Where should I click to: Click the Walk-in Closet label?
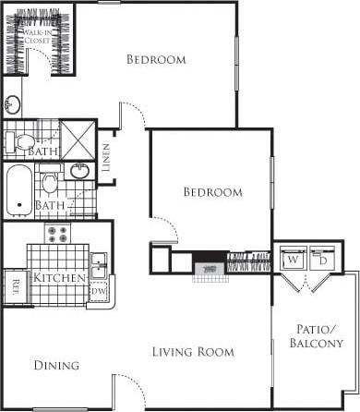pyautogui.click(x=37, y=36)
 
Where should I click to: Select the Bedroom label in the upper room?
pyautogui.click(x=155, y=60)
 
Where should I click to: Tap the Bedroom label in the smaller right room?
pyautogui.click(x=212, y=192)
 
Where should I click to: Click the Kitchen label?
pyautogui.click(x=60, y=277)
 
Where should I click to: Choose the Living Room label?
pyautogui.click(x=194, y=352)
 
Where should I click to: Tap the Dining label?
pyautogui.click(x=57, y=366)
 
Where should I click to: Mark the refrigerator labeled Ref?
pyautogui.click(x=14, y=285)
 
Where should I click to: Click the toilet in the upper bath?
pyautogui.click(x=16, y=141)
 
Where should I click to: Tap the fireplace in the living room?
pyautogui.click(x=208, y=268)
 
